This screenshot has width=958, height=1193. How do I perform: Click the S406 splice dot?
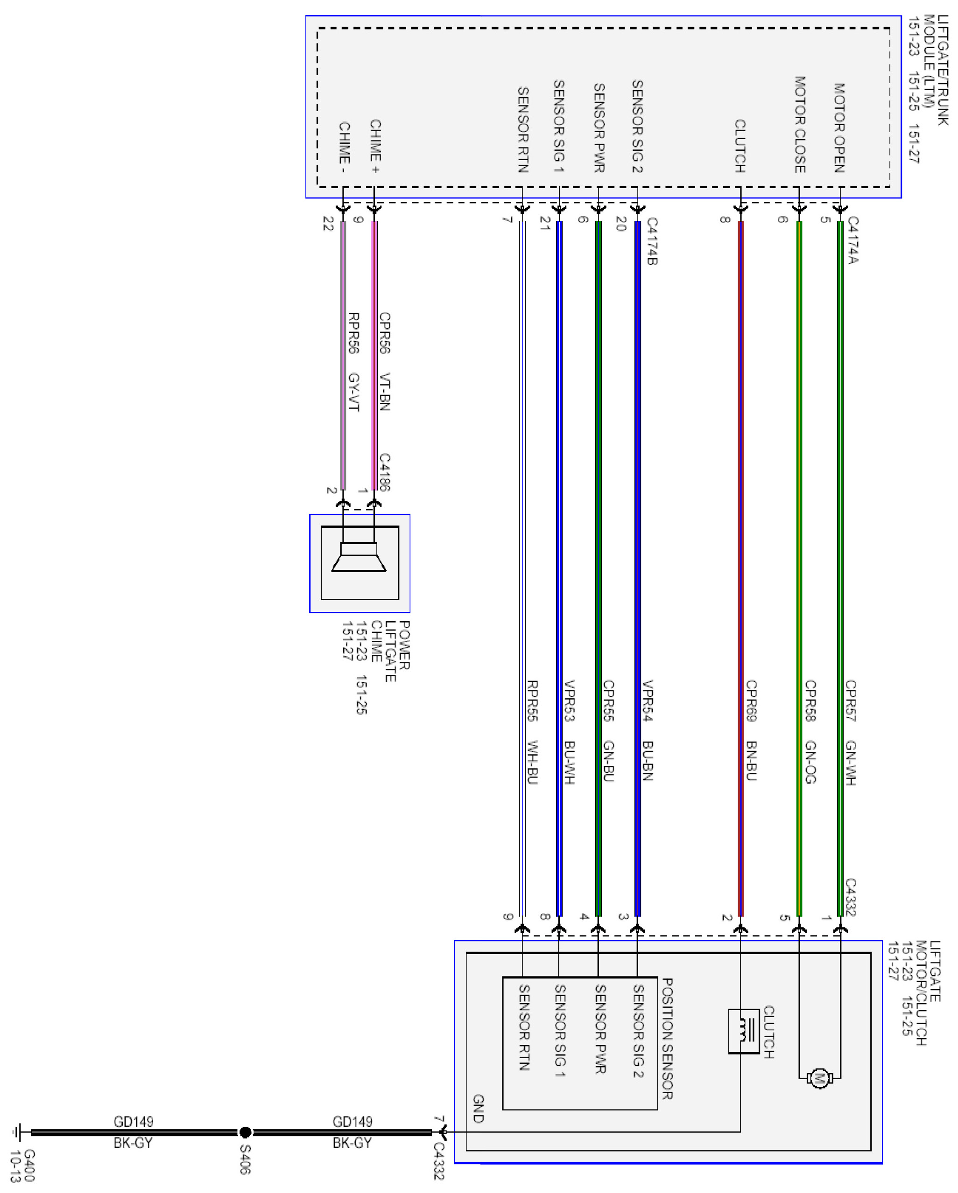(x=245, y=1133)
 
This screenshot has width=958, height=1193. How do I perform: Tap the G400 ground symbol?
(x=18, y=1133)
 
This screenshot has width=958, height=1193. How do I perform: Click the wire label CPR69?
(x=751, y=701)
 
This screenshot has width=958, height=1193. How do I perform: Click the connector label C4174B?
(x=652, y=242)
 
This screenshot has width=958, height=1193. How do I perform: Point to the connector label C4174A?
(x=853, y=240)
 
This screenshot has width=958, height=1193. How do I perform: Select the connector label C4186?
(x=385, y=472)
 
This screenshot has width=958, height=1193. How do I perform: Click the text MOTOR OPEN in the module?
(x=839, y=128)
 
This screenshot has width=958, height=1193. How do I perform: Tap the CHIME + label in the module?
(x=375, y=146)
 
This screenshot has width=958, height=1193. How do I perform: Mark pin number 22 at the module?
(x=328, y=224)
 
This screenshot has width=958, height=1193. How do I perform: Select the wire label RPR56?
(x=353, y=333)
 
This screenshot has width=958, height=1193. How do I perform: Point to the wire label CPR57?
(x=851, y=701)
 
